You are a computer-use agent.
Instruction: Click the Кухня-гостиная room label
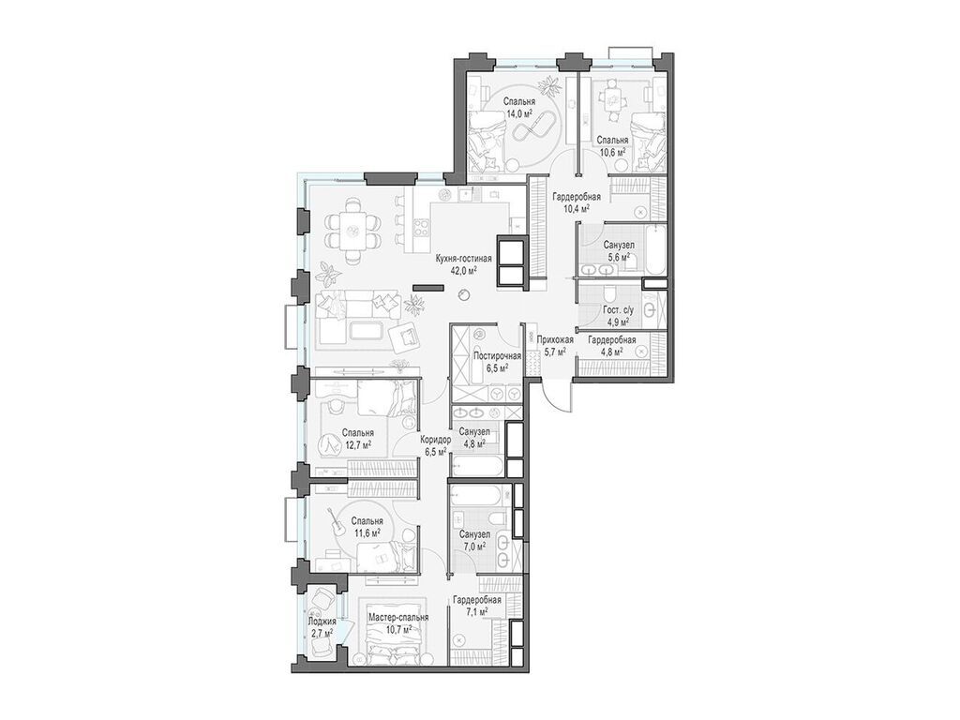[463, 259]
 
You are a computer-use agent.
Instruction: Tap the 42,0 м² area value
[463, 270]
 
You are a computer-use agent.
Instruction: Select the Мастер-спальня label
[398, 617]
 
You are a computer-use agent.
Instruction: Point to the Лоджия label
[322, 621]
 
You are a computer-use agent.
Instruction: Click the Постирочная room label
[497, 356]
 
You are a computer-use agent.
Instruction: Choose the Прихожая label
[555, 339]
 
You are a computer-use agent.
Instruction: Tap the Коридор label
[436, 440]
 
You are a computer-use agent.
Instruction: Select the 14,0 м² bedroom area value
[517, 113]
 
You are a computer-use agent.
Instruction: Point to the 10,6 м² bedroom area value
[612, 151]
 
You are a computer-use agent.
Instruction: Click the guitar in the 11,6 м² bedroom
[337, 522]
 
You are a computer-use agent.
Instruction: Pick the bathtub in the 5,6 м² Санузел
[654, 251]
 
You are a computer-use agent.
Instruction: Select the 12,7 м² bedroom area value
[358, 443]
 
